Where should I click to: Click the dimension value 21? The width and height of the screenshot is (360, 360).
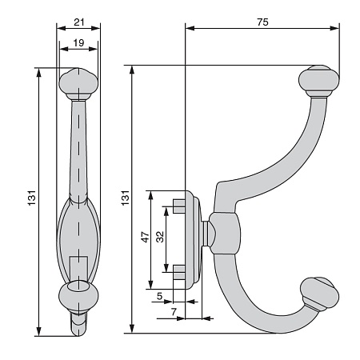tap(79, 22)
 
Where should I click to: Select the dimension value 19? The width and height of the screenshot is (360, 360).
tap(78, 42)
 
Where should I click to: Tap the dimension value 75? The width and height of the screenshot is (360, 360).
tap(262, 22)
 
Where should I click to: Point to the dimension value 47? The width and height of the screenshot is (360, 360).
tap(145, 237)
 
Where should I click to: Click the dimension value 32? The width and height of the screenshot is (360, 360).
tap(160, 237)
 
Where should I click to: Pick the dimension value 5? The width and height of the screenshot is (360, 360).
tap(159, 296)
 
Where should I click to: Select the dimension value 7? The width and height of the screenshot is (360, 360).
tap(174, 312)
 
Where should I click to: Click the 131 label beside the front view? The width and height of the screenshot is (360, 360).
tap(32, 198)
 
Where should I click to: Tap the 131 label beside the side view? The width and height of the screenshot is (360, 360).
tap(126, 198)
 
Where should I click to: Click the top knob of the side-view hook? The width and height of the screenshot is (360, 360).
tap(318, 81)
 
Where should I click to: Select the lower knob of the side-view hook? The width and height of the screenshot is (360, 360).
tap(320, 294)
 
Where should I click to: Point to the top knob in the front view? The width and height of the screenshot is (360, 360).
tap(78, 84)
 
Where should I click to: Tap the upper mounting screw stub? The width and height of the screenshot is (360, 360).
tap(179, 206)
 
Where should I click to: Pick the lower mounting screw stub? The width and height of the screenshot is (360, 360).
tap(179, 272)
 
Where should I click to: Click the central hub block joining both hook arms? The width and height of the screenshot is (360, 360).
tap(225, 234)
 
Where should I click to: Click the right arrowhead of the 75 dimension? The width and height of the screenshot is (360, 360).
tap(334, 28)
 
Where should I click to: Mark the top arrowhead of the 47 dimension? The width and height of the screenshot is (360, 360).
tap(150, 195)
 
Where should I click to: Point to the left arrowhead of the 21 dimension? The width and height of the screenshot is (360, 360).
tap(62, 28)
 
